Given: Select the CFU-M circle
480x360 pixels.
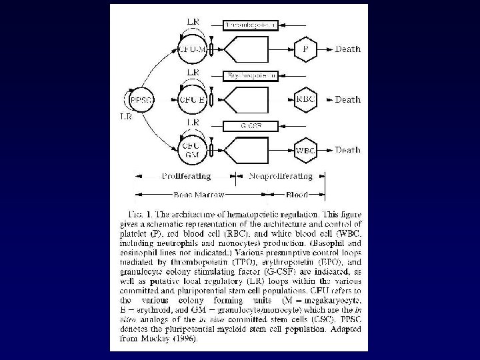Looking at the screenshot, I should [x=192, y=49].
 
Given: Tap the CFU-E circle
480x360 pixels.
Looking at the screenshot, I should [x=192, y=99].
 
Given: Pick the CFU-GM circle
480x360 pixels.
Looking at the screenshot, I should [x=192, y=150].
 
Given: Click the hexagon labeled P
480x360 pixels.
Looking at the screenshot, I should [x=306, y=49].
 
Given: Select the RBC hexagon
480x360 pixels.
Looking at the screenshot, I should [x=306, y=99].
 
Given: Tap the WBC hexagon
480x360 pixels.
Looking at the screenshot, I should [x=306, y=150].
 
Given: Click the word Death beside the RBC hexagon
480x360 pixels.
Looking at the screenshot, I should [x=347, y=99].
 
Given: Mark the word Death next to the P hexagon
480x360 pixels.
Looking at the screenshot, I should [x=347, y=49].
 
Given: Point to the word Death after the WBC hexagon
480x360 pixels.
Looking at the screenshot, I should [x=347, y=150].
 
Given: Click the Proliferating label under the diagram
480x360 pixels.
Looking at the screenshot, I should [x=186, y=176].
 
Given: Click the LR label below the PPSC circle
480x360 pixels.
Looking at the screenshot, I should [x=125, y=118].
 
